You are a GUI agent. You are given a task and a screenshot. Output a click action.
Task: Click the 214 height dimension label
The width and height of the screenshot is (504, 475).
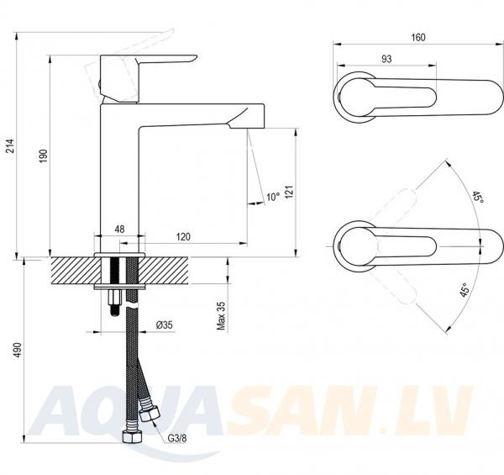pyautogui.click(x=11, y=145)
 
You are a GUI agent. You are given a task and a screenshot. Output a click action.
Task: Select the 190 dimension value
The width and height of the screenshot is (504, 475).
pyautogui.click(x=44, y=156)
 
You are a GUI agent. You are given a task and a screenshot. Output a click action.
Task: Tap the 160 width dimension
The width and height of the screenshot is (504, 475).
pyautogui.click(x=418, y=37)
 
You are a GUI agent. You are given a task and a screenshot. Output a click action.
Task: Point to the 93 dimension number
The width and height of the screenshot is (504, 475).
pyautogui.click(x=386, y=59)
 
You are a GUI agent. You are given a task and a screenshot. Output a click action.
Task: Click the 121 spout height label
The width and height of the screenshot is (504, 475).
pyautogui.click(x=289, y=192)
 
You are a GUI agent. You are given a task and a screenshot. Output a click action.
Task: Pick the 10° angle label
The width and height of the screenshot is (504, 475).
pyautogui.click(x=273, y=197)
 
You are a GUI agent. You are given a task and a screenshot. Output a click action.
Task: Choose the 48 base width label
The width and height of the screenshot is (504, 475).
pyautogui.click(x=119, y=230)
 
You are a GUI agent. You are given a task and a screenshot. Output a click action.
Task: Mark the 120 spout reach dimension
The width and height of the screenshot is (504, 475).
pyautogui.click(x=183, y=237)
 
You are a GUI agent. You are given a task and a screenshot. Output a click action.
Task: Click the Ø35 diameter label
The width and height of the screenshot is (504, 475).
pyautogui.click(x=165, y=325)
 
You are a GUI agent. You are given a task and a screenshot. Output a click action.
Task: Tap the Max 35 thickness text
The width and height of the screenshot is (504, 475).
pyautogui.click(x=221, y=316)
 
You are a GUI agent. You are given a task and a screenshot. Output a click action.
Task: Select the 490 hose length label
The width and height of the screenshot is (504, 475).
pyautogui.click(x=18, y=351)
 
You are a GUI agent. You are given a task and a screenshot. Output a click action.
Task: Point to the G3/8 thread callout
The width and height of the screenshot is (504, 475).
pyautogui.click(x=177, y=438)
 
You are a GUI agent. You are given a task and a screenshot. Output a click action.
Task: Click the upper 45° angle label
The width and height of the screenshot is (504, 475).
pyautogui.click(x=478, y=197)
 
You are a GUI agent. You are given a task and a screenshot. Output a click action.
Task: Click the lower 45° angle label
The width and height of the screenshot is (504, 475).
pyautogui.click(x=464, y=291)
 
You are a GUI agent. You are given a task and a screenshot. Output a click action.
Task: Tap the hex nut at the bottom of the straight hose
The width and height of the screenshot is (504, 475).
pyautogui.click(x=132, y=436)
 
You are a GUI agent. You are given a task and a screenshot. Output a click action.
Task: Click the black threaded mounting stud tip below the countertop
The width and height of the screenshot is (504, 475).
pyautogui.click(x=115, y=311)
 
